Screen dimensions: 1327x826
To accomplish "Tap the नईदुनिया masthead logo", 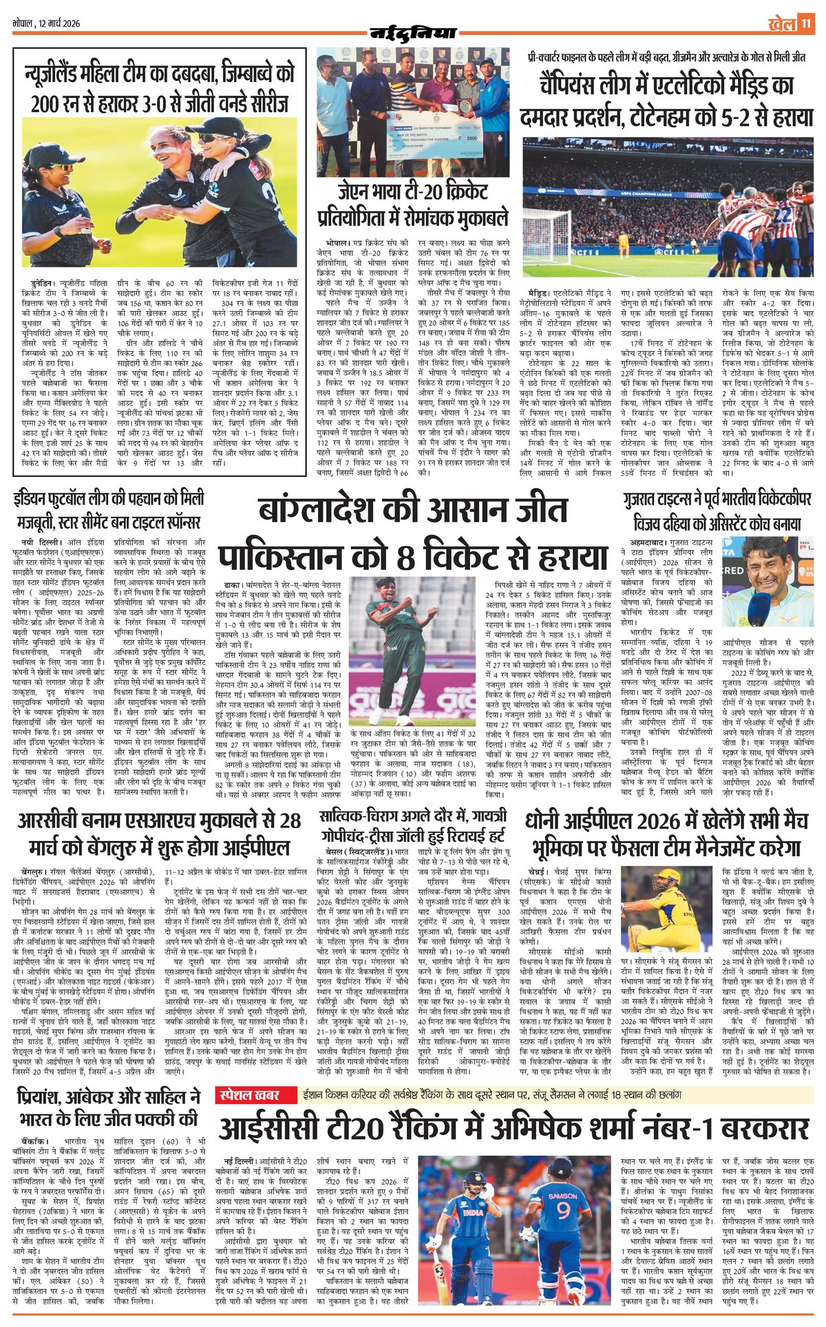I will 413,32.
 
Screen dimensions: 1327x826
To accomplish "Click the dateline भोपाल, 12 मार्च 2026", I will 47,23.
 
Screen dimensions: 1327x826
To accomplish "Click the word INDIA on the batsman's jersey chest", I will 473,1212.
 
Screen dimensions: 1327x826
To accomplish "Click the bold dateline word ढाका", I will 226,584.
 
